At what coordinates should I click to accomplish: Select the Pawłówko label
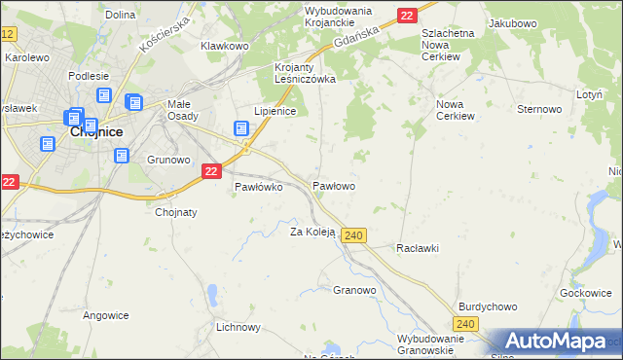coord(258,188)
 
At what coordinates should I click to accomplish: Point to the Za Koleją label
coord(312,232)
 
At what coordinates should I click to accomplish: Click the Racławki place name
coord(418,248)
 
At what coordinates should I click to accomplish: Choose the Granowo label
coord(354,290)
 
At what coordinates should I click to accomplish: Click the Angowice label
coord(106,314)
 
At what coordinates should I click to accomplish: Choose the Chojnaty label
coord(176,212)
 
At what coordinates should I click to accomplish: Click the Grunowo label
coord(167,159)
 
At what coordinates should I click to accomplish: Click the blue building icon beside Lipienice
coord(241,128)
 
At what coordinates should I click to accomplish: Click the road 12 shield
coord(9,34)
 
